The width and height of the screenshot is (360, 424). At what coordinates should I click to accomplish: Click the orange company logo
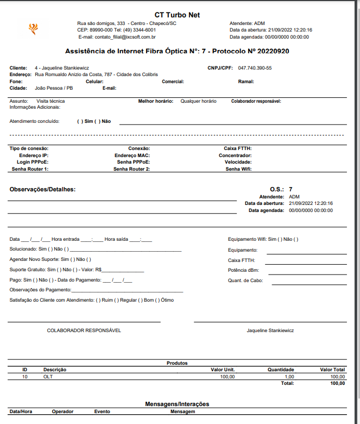tap(34, 28)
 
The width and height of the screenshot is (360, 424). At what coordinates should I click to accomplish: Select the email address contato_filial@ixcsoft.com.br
tap(125, 37)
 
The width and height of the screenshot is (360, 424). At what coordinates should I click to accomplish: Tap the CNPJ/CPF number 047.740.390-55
tap(255, 68)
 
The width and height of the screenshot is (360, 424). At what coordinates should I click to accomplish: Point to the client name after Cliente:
tap(62, 68)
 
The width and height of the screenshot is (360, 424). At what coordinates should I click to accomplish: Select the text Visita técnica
tap(50, 101)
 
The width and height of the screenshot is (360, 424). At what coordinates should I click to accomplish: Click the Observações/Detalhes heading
tap(42, 189)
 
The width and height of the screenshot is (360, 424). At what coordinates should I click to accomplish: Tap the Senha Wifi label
tap(238, 169)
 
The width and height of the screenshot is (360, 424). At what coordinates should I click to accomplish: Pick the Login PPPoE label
tap(33, 162)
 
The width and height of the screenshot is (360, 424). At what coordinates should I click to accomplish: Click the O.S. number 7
tap(291, 189)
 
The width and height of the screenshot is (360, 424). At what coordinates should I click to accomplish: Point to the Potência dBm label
tap(243, 270)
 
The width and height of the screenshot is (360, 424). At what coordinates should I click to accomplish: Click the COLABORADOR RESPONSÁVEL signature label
tap(84, 331)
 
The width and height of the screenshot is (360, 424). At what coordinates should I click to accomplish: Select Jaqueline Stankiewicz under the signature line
tap(270, 331)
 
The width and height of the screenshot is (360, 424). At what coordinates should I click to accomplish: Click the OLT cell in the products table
tap(48, 376)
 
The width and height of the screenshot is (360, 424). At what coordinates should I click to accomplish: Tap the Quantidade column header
tap(281, 370)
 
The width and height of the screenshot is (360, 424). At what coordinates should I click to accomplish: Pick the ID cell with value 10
tap(25, 376)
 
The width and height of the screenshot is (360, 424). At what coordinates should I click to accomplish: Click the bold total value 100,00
tap(338, 383)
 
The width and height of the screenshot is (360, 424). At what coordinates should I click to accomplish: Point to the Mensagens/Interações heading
tap(177, 404)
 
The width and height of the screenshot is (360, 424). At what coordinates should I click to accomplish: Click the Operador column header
tap(62, 411)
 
